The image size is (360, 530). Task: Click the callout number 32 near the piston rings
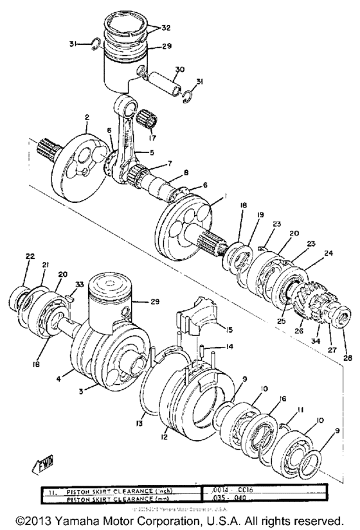[x=166, y=28]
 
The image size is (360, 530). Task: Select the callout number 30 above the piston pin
[x=179, y=69]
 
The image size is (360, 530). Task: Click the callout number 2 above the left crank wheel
[x=85, y=118]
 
